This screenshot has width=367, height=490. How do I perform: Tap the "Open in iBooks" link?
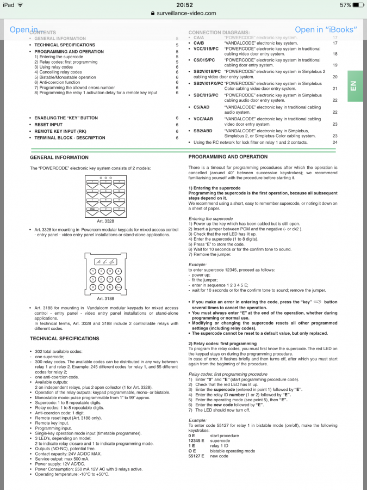[x=326, y=29]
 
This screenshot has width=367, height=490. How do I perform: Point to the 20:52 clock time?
[x=183, y=5]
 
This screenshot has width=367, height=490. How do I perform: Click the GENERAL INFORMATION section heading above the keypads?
[x=59, y=157]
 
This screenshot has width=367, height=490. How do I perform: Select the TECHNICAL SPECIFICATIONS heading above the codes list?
[x=64, y=339]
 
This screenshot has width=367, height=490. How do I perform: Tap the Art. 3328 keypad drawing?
[x=105, y=197]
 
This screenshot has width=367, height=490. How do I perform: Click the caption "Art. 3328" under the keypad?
[x=105, y=222]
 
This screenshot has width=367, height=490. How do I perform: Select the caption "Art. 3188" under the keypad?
[x=105, y=299]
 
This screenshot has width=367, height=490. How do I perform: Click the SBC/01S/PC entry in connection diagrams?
[x=206, y=95]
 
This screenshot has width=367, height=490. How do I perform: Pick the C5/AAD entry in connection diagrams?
[x=202, y=107]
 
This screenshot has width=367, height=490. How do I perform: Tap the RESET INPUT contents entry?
[x=48, y=125]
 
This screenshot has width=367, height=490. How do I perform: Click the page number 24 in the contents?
[x=335, y=142]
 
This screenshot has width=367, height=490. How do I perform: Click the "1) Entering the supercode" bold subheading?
[x=215, y=188]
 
